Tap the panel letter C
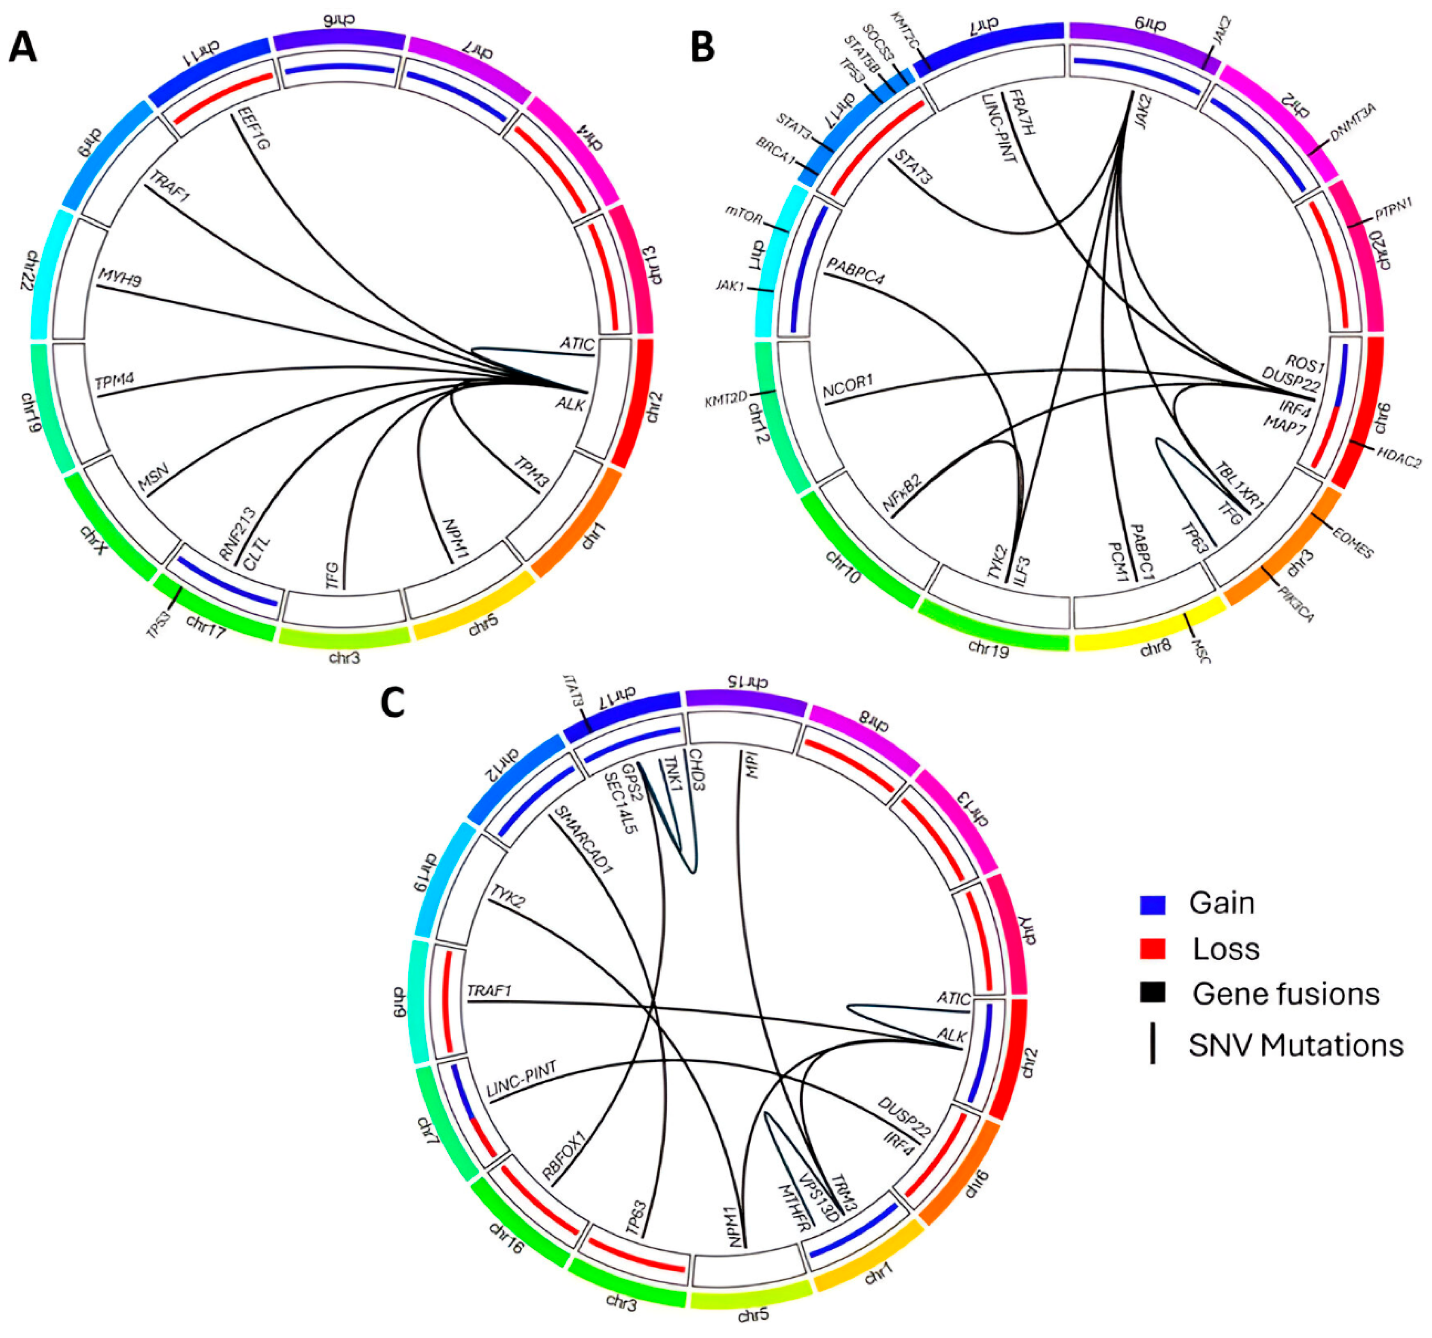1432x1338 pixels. [x=393, y=703]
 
